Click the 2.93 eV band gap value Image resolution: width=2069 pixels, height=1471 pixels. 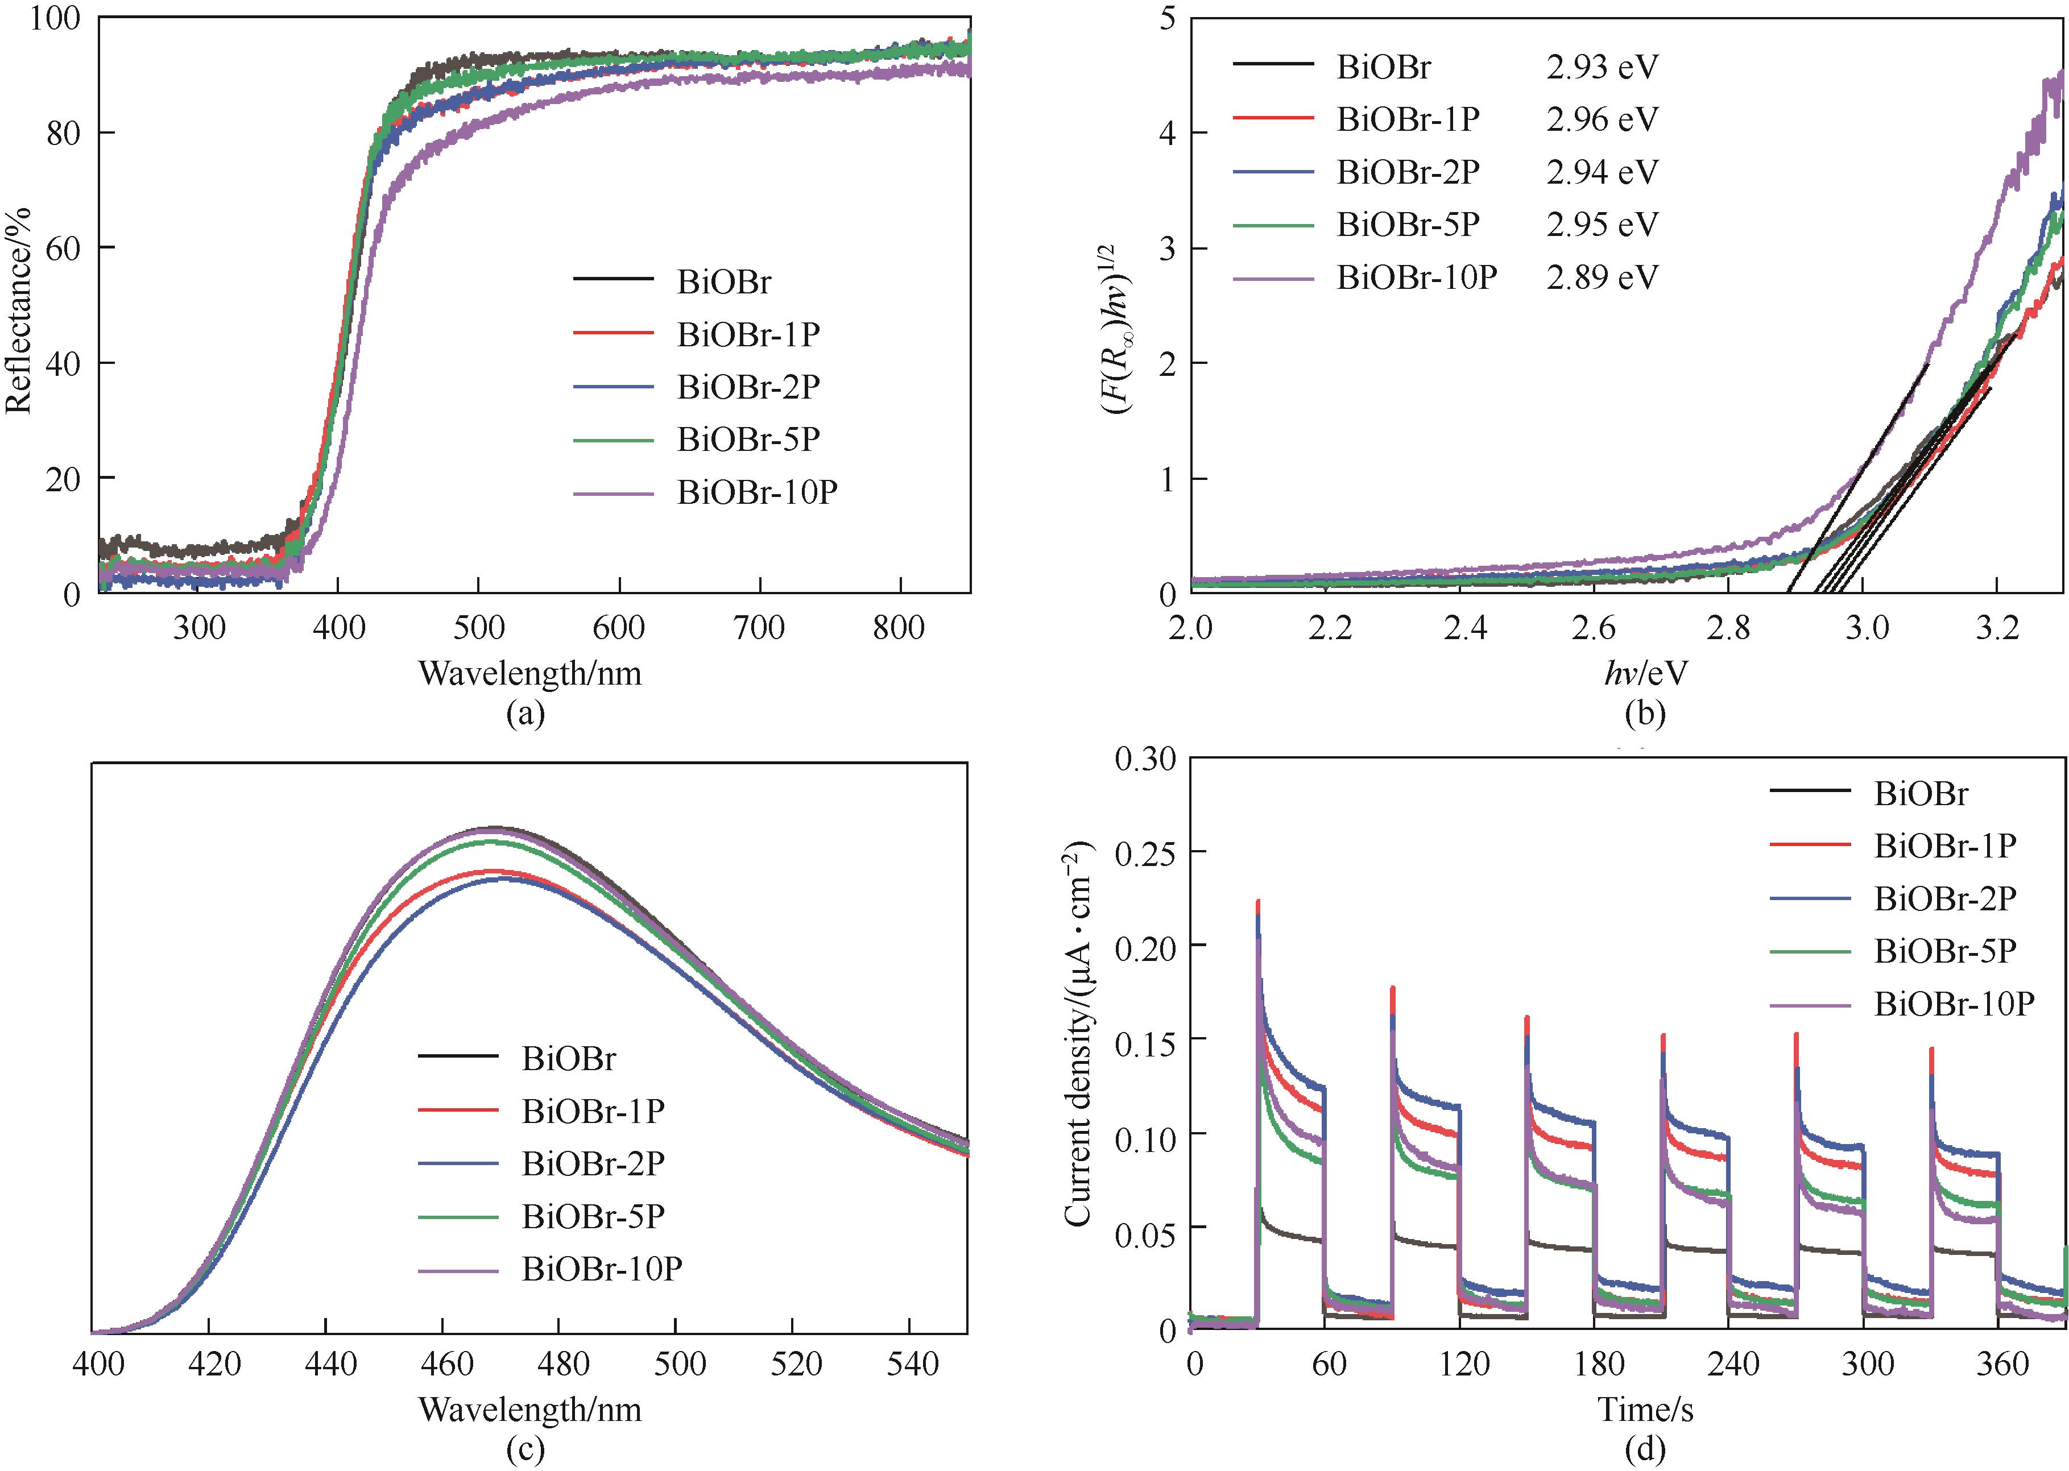[1602, 67]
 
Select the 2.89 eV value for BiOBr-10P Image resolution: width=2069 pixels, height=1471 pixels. [1602, 277]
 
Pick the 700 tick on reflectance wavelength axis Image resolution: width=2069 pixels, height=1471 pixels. [759, 627]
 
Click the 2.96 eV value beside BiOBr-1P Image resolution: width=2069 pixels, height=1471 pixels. [1602, 119]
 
